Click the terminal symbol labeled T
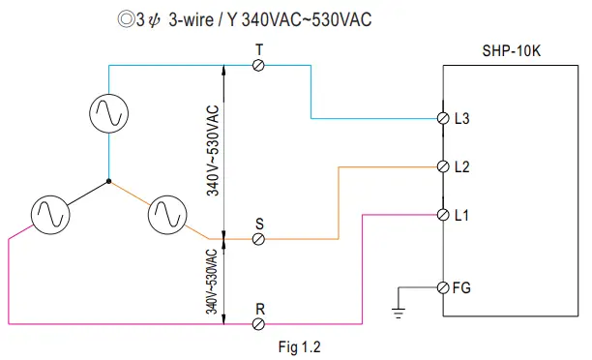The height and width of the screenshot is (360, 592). point(258,64)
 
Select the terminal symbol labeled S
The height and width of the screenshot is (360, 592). point(258,239)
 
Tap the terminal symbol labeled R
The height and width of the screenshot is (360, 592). point(258,322)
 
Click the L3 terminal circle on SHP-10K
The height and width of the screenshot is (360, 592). point(443,119)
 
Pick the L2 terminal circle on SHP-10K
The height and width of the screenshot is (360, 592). point(443,166)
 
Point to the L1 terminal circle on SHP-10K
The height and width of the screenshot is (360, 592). point(443,214)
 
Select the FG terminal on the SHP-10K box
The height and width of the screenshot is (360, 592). point(443,287)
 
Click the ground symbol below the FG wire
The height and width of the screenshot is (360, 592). point(399,312)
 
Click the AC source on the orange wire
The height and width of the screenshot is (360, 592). point(166,214)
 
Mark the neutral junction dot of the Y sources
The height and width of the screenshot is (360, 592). point(109,181)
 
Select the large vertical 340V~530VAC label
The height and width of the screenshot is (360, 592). point(213,151)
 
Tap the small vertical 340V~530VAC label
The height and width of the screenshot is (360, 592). point(211,281)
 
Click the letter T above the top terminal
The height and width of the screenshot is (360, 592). point(258,47)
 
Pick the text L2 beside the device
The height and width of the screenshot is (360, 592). point(461,166)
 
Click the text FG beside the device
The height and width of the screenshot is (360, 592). point(462,287)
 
